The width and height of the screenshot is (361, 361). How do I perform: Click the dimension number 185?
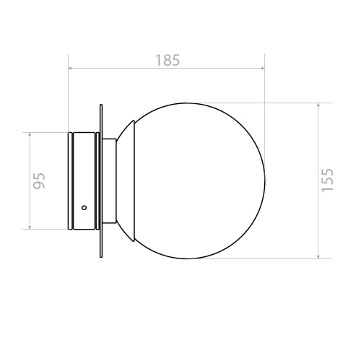(x=168, y=60)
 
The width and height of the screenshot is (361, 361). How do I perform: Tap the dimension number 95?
(x=39, y=180)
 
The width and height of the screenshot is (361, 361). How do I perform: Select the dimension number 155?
(x=327, y=180)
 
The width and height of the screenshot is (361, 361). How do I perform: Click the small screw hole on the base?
(x=84, y=207)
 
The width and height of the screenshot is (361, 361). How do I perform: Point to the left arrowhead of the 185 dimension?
(x=71, y=69)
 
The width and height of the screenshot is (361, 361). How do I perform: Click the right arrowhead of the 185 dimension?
(x=263, y=69)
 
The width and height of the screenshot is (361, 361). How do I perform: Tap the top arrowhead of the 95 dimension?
(x=30, y=134)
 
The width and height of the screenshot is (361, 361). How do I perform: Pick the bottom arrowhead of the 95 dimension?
(x=30, y=227)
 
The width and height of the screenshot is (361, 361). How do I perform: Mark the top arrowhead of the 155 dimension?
(x=318, y=105)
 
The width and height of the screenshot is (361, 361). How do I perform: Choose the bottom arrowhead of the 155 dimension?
(x=318, y=256)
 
